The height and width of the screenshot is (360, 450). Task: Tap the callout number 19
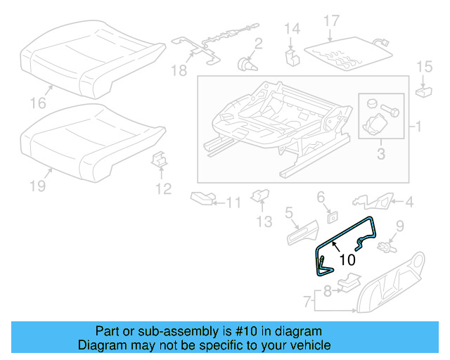[38, 186]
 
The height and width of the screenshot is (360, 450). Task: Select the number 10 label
[347, 259]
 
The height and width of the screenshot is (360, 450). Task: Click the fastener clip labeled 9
[386, 247]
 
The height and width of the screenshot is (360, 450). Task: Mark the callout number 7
[307, 303]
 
